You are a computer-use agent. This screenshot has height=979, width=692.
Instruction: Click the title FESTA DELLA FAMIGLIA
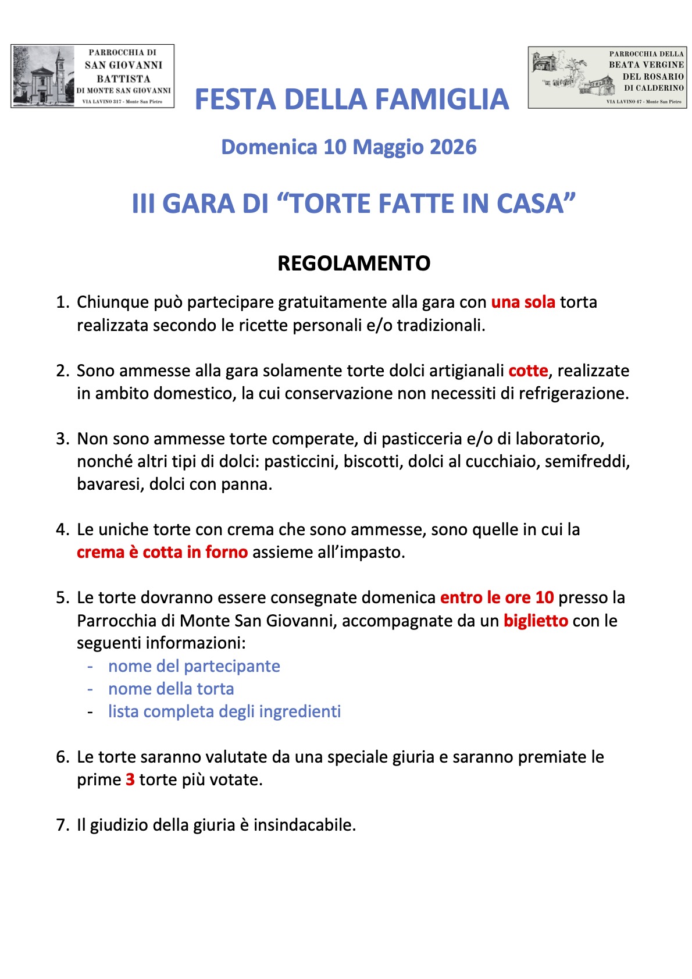(x=351, y=99)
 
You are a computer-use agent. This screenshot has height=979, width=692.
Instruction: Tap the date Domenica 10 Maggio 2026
(x=348, y=147)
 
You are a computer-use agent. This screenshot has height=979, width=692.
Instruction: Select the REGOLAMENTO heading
(x=354, y=264)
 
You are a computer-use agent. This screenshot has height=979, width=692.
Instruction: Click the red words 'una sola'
(x=523, y=302)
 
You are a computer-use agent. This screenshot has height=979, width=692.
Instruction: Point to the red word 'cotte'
(x=528, y=371)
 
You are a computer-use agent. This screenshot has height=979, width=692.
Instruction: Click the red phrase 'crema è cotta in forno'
(x=162, y=552)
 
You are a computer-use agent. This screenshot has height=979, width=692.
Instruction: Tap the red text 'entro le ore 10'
(x=497, y=598)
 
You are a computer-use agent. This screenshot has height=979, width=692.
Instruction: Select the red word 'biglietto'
(x=536, y=621)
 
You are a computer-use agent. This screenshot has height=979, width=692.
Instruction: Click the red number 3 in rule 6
(x=130, y=779)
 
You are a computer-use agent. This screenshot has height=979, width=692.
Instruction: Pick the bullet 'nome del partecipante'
(x=194, y=666)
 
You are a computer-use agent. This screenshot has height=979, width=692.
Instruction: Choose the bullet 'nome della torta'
(x=171, y=689)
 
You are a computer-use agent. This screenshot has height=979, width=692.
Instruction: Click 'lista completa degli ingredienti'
(x=224, y=711)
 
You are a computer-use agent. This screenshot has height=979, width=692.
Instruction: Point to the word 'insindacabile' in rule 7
(x=304, y=825)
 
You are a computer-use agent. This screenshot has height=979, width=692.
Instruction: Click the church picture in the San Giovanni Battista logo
(x=44, y=76)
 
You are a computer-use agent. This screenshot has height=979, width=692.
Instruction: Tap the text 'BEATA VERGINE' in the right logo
(x=646, y=65)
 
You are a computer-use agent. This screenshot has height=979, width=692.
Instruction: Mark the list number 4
(x=62, y=529)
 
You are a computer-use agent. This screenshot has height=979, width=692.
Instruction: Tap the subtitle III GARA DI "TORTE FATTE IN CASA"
(x=354, y=204)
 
